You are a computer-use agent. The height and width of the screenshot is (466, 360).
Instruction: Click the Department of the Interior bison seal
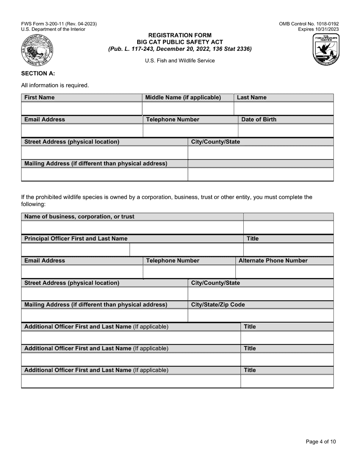click(38, 50)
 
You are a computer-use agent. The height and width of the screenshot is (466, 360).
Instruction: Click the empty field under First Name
click(81, 109)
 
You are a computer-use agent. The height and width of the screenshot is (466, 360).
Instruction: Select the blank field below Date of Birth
click(286, 131)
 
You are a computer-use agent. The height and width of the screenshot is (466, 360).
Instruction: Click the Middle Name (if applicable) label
click(183, 98)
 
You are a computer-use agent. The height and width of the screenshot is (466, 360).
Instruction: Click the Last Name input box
click(283, 109)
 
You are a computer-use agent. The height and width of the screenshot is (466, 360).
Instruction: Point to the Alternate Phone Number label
click(273, 261)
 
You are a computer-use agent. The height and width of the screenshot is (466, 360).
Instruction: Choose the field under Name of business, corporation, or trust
click(132, 228)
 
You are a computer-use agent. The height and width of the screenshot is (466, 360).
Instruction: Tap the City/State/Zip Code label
click(218, 305)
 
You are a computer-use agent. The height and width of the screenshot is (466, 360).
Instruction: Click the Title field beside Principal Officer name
click(288, 250)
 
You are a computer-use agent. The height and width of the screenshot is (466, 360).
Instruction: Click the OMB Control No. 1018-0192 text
click(309, 24)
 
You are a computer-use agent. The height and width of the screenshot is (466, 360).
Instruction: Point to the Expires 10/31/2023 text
click(318, 29)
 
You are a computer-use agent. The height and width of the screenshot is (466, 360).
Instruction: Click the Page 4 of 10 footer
click(321, 441)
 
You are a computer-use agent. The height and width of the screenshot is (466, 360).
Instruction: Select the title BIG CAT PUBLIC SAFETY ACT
click(180, 42)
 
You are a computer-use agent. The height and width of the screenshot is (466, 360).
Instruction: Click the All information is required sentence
click(55, 85)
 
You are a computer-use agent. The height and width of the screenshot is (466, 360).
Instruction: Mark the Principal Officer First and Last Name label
click(76, 239)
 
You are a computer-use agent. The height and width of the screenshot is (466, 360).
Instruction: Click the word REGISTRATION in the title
click(165, 35)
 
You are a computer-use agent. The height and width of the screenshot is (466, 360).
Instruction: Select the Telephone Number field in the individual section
click(190, 131)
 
